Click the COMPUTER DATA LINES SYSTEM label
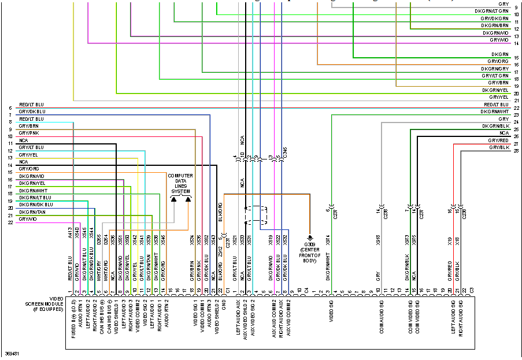point(180,183)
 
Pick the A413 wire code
point(70,233)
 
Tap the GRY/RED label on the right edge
point(498,140)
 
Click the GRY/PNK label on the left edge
point(28,133)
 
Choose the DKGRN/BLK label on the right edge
point(495,126)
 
